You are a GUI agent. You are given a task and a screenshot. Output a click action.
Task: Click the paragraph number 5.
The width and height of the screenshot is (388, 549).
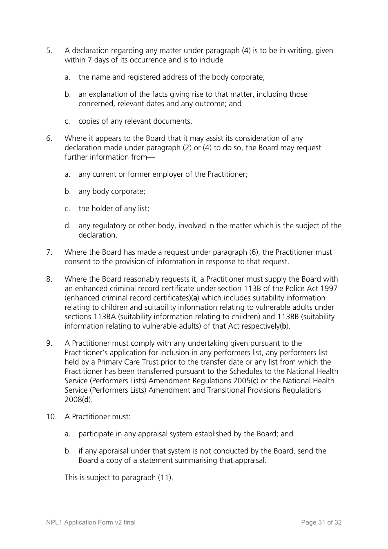(49, 51)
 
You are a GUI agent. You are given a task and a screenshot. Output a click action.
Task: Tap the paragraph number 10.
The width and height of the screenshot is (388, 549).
(51, 417)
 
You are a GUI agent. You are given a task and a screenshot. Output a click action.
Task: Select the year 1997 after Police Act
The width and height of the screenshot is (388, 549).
(329, 289)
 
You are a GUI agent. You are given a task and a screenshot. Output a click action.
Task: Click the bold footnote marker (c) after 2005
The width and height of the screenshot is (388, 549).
(255, 381)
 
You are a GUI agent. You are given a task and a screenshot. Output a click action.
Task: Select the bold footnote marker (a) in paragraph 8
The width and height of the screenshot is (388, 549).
(196, 298)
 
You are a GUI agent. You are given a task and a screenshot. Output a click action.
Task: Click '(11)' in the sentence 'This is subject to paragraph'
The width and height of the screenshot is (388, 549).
(165, 478)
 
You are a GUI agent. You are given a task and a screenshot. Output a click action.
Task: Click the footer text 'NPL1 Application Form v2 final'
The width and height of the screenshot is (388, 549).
(91, 522)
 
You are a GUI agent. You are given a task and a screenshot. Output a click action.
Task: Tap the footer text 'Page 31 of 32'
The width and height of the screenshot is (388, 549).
(321, 522)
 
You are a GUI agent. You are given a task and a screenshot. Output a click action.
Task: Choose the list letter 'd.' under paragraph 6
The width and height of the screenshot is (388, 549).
(67, 226)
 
